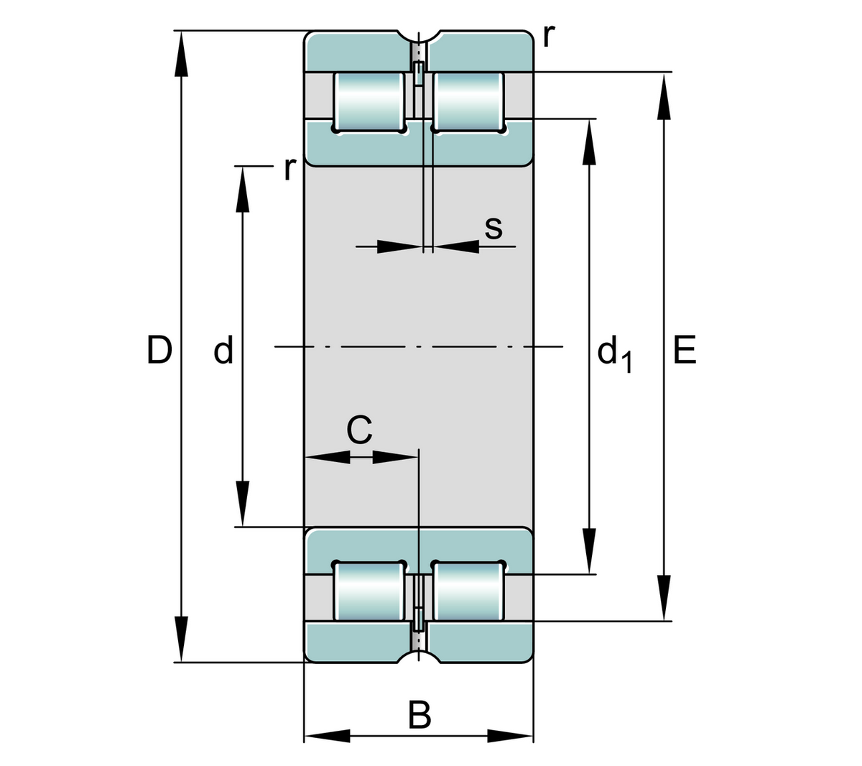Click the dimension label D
159,350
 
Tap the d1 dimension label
615,354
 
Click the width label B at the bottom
420,716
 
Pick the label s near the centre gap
493,228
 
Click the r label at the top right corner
550,34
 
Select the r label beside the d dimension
289,168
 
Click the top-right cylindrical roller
468,101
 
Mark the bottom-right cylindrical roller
468,591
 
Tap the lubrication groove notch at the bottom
420,657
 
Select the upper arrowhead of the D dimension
181,53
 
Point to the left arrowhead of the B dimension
327,737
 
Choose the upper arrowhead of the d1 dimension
590,142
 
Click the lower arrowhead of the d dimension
243,504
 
